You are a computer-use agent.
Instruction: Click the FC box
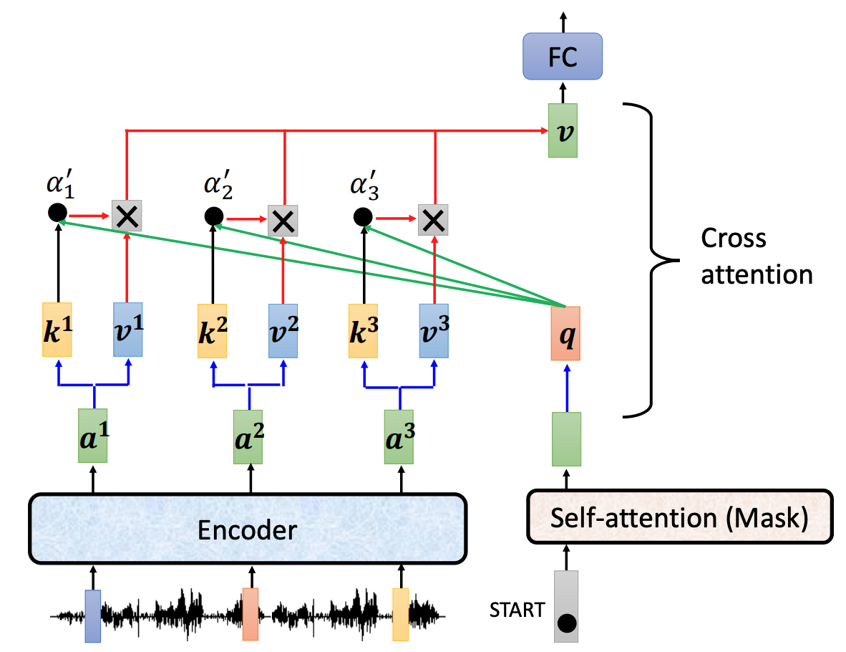tap(562, 57)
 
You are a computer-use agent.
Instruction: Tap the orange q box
tap(565, 333)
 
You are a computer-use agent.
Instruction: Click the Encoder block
tap(247, 529)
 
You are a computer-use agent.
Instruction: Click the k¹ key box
tap(57, 330)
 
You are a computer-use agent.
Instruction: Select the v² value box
tap(283, 330)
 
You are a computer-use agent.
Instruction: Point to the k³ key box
tap(364, 330)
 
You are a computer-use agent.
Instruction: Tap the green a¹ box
tap(93, 436)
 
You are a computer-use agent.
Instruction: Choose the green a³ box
tap(399, 436)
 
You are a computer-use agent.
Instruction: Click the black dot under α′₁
tap(57, 212)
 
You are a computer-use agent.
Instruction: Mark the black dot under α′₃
tap(363, 216)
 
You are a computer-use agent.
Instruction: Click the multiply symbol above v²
tap(283, 221)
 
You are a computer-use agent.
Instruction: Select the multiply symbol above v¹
tap(127, 215)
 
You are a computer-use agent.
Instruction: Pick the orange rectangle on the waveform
tap(251, 614)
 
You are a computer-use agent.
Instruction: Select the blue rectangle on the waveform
tap(93, 615)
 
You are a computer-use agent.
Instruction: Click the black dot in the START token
tap(567, 623)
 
